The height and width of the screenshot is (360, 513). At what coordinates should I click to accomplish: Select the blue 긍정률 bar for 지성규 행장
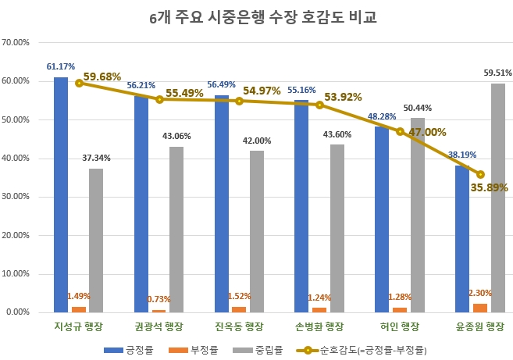tap(61, 195)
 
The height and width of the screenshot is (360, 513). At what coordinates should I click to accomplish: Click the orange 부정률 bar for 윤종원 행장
tap(479, 308)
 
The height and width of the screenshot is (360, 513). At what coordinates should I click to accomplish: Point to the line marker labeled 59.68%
tap(79, 83)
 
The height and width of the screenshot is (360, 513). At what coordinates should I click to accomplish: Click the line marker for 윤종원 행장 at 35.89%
tap(480, 174)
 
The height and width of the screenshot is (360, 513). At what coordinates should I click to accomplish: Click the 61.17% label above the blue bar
tap(61, 66)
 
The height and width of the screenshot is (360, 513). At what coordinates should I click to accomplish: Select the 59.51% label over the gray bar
tap(497, 73)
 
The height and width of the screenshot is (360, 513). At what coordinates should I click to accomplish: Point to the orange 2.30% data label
tap(481, 293)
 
